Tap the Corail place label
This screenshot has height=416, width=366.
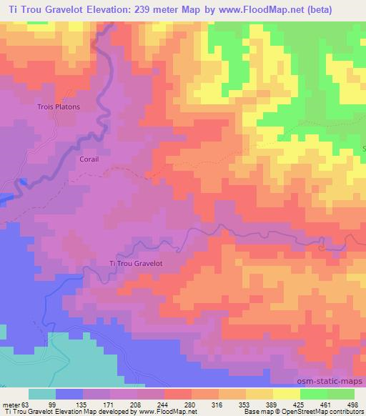[x=89, y=162]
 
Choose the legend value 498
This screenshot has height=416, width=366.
[x=351, y=404]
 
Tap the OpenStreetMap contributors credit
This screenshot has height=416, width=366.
[x=319, y=412]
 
